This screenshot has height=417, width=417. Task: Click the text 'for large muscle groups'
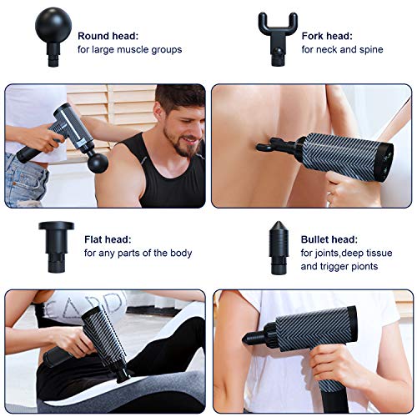(129, 50)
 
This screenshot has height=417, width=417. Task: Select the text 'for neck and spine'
(343, 50)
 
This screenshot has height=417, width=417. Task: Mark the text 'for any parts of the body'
(138, 253)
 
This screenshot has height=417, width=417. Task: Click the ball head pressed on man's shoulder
(98, 161)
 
